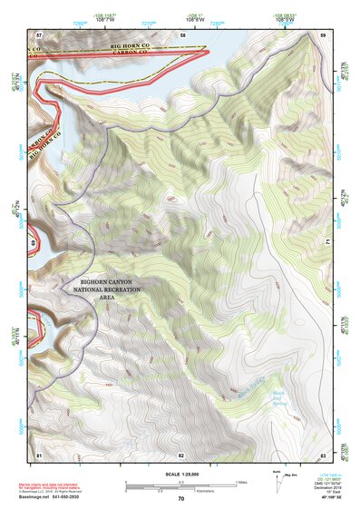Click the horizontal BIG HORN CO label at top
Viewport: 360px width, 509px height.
(130, 44)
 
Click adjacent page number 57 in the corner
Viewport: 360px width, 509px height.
(39, 34)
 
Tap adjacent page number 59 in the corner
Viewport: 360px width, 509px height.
(323, 34)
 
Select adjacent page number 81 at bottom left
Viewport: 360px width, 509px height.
(39, 455)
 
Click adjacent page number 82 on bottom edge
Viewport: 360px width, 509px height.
(181, 455)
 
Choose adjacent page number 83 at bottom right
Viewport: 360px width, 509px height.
(323, 455)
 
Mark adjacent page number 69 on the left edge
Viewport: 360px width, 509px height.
(37, 243)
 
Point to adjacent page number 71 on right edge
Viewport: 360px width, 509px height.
(325, 243)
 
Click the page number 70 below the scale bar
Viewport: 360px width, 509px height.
(180, 498)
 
